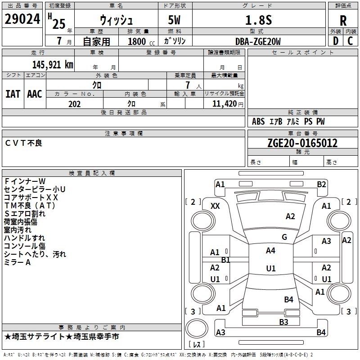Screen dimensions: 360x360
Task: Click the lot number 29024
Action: point(22,19)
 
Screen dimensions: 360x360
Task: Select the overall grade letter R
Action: point(343,21)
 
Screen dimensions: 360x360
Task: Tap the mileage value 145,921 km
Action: point(53,65)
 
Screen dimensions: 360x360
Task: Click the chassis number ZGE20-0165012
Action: point(302,143)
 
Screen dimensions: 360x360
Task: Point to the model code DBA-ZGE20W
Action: point(258,41)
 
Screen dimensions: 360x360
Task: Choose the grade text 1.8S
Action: point(258,20)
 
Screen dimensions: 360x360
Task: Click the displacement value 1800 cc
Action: point(141,41)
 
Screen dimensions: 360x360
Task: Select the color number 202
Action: point(74,104)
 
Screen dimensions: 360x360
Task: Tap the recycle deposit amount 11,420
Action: point(224,104)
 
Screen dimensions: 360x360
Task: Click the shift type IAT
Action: point(13,94)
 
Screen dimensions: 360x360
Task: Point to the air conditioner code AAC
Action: point(35,94)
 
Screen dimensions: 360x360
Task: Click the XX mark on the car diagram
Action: point(215,206)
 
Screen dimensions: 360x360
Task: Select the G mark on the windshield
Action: point(284,237)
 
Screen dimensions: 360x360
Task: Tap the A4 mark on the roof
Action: point(270,251)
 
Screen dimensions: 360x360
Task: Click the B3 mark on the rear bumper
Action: point(283,322)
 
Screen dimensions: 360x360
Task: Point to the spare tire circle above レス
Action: point(197,328)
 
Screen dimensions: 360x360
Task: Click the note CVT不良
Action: point(23,143)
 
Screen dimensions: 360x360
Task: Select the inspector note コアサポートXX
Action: point(31,198)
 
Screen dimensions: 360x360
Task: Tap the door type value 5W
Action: point(174,20)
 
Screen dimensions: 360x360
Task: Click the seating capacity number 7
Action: point(188,85)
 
